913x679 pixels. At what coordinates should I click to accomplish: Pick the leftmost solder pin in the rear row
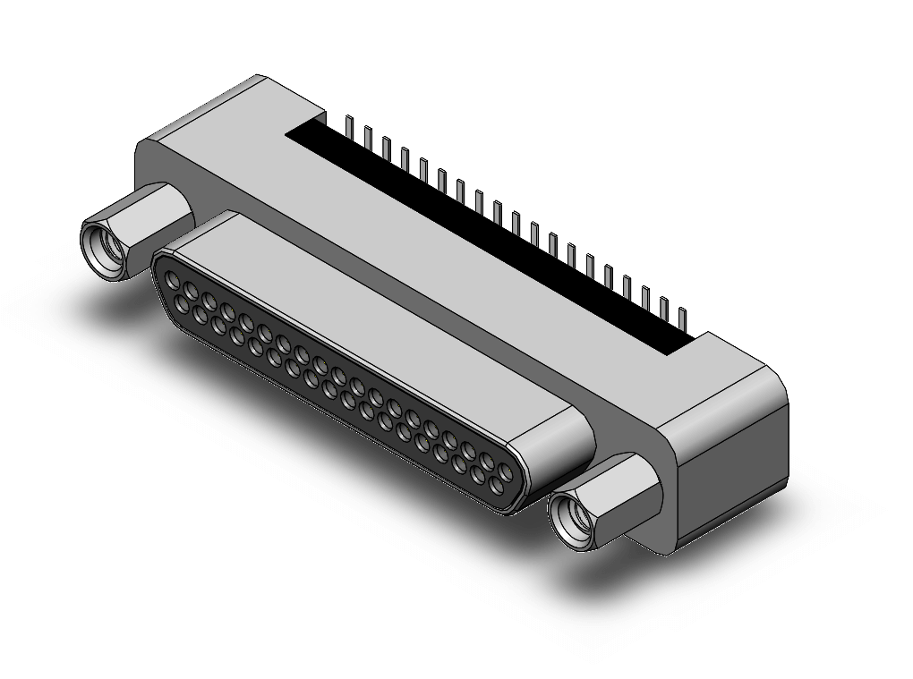[349, 126]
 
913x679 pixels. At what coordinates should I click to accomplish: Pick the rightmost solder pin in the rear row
[682, 318]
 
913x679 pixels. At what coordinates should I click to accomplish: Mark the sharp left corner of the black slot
[288, 135]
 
